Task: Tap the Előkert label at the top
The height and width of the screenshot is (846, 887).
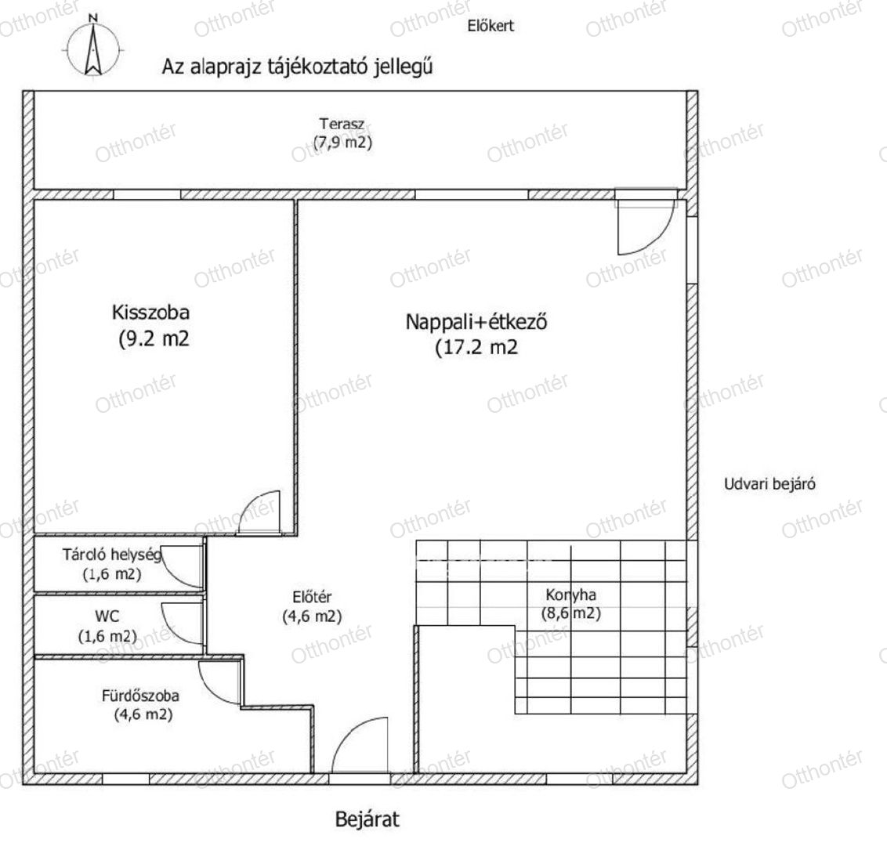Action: (491, 25)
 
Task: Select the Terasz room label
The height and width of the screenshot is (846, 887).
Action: (342, 123)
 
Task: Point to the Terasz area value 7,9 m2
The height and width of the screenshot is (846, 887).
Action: (342, 142)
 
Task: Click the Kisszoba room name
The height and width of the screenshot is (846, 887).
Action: (150, 313)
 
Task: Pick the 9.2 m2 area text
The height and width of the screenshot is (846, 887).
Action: (154, 338)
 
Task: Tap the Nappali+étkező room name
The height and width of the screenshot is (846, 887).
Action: (476, 322)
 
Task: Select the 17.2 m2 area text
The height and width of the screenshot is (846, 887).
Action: (476, 347)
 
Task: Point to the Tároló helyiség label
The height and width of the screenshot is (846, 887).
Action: (112, 555)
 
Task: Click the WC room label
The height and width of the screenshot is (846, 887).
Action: (107, 615)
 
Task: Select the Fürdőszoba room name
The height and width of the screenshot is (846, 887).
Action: (140, 696)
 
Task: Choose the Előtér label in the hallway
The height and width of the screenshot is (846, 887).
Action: (313, 597)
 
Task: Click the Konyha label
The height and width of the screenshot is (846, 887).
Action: (570, 595)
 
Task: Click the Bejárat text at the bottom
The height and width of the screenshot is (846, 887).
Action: (367, 819)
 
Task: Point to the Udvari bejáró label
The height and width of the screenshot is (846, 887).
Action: (770, 484)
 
